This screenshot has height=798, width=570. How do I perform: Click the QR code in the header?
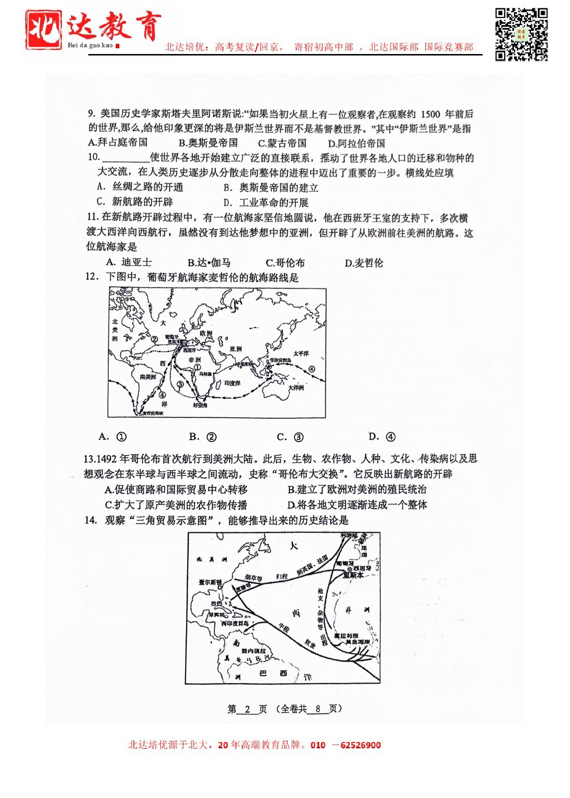(x=521, y=34)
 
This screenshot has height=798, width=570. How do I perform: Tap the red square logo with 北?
(x=43, y=30)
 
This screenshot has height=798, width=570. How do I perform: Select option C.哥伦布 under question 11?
(x=285, y=263)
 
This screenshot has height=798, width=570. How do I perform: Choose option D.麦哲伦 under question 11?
(x=363, y=263)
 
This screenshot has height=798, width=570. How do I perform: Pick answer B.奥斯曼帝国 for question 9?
(x=208, y=143)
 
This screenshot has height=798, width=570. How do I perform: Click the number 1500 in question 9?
(x=430, y=114)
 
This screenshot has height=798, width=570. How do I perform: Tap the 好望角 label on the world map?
(x=200, y=405)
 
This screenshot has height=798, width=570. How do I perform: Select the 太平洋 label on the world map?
(x=301, y=354)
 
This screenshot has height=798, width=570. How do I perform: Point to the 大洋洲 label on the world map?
(x=296, y=387)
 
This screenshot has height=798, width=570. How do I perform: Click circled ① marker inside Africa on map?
(x=197, y=367)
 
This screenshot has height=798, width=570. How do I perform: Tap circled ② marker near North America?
(x=154, y=339)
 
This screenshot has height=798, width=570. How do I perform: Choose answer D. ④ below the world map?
(x=382, y=437)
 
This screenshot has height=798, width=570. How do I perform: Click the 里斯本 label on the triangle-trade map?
(x=353, y=575)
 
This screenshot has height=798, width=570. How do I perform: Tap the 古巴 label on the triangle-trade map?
(x=217, y=604)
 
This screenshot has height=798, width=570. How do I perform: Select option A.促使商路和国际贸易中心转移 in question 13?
(x=176, y=490)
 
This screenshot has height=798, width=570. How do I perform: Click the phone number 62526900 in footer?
(x=360, y=745)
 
